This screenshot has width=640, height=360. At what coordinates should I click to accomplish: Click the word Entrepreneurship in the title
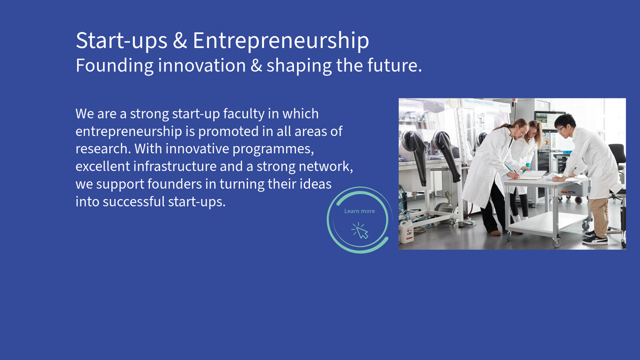coord(281,41)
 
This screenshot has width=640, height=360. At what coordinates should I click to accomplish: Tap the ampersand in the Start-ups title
coord(180,41)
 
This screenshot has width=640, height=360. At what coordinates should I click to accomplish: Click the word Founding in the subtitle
coord(115,66)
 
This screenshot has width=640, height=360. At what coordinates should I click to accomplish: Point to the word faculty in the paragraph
coord(244,114)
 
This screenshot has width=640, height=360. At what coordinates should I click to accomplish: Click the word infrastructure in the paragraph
coord(175,166)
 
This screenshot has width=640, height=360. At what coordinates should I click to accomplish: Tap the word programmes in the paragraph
coord(273,149)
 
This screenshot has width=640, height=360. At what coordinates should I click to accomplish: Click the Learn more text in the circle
coord(359,211)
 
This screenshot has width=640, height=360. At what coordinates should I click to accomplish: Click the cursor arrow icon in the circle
coord(361,230)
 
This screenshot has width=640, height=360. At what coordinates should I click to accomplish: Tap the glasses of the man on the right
coord(561,129)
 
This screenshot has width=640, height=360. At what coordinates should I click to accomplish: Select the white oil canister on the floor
coord(406,231)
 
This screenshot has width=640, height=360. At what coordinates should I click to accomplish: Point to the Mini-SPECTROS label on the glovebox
coord(478,102)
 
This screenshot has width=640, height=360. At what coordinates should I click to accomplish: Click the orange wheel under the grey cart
coord(579,200)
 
